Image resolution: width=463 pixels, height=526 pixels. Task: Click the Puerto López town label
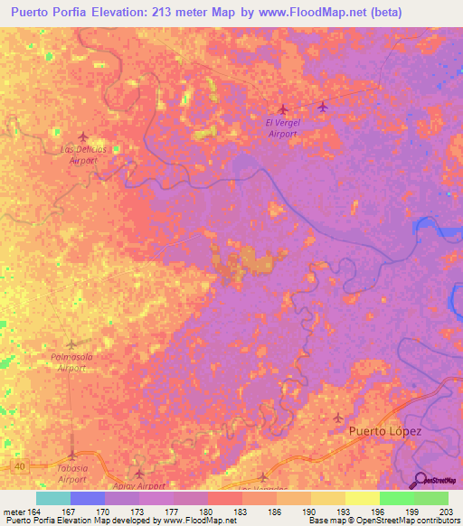click(385, 432)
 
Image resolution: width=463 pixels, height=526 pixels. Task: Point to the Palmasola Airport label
click(71, 363)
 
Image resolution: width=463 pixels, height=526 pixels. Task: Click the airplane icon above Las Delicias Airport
click(83, 136)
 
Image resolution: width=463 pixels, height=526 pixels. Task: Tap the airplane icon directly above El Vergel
click(283, 109)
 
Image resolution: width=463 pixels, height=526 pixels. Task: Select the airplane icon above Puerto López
click(338, 418)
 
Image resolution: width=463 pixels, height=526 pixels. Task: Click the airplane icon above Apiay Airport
click(138, 473)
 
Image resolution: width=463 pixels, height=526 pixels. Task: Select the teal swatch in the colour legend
click(53, 498)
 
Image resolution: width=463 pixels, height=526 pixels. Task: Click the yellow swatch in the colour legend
click(363, 498)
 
